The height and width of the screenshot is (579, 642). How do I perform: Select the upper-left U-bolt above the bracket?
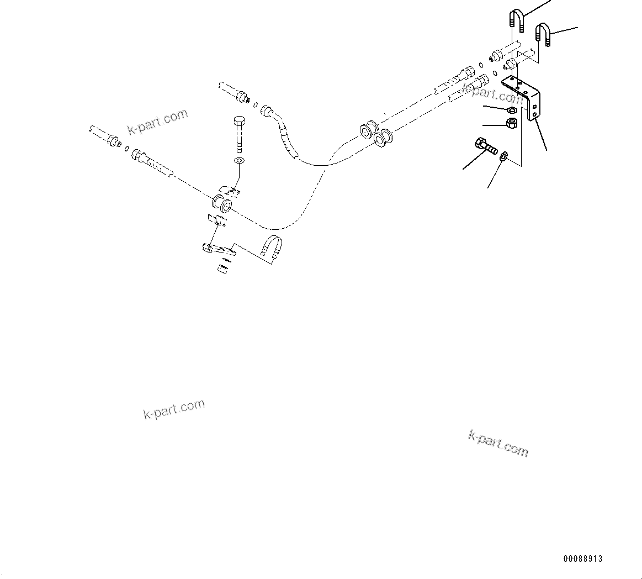click(515, 21)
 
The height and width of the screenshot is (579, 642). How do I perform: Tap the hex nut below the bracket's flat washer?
click(511, 123)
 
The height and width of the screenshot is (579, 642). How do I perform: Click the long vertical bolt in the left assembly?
click(240, 134)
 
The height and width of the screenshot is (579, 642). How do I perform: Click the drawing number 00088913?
click(582, 559)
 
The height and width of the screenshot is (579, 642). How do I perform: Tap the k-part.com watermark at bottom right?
click(498, 443)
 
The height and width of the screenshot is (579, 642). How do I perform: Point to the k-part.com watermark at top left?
click(158, 122)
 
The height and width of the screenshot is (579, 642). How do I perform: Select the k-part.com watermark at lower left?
click(174, 409)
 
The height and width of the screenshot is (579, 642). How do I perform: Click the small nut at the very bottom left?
click(222, 269)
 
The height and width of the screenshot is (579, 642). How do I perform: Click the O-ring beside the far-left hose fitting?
click(128, 149)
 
